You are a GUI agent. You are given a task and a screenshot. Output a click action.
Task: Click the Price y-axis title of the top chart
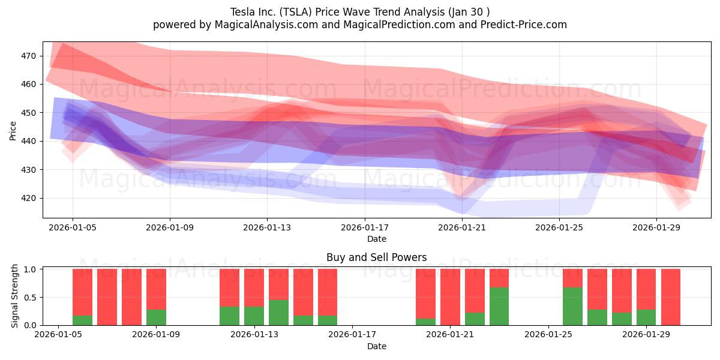[13, 130]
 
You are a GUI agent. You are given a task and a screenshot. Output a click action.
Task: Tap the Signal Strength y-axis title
[15, 296]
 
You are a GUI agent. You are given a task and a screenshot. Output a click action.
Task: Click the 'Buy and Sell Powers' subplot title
[376, 257]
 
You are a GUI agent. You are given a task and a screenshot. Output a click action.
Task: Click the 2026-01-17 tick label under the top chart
[365, 228]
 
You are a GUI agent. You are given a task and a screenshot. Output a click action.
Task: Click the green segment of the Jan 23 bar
[499, 306]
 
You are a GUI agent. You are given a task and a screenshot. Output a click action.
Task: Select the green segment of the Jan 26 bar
[572, 306]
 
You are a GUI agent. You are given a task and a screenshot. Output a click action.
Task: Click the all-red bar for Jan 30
[670, 297]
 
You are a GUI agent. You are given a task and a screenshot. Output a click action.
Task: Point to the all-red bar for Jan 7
[107, 297]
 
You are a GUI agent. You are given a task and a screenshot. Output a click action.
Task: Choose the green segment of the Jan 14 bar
[278, 312]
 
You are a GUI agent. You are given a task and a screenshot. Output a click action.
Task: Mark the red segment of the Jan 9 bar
[156, 289]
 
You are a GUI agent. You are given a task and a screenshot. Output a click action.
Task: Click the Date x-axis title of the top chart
[376, 239]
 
